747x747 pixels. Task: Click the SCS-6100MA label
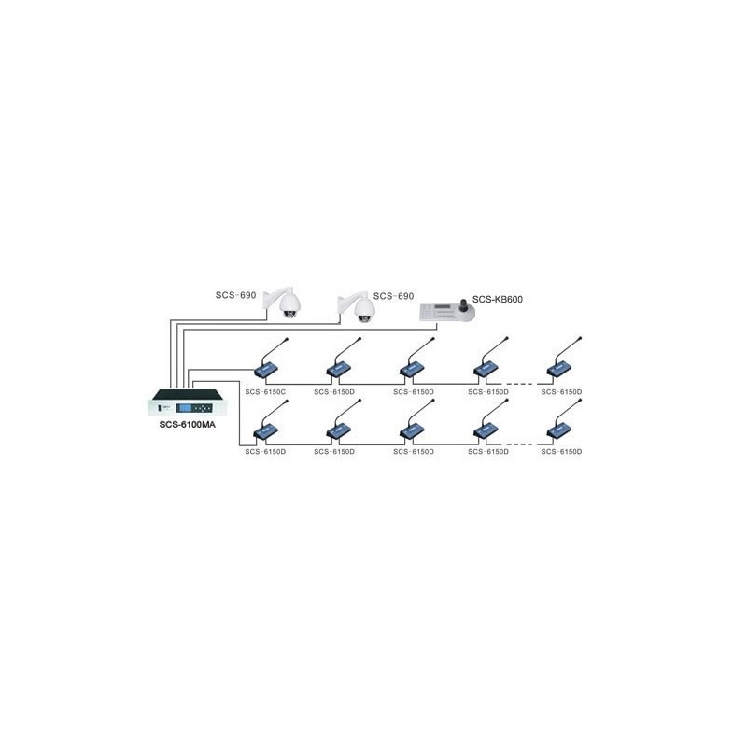tap(188, 425)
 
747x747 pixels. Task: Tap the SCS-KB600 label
tap(498, 299)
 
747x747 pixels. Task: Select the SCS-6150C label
tap(265, 391)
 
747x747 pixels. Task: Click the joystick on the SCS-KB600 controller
tap(464, 305)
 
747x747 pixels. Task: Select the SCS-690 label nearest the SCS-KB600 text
tap(393, 296)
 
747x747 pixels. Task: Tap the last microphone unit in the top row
tap(564, 359)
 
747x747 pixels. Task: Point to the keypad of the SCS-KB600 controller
tap(438, 312)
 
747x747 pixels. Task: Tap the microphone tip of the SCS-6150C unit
tap(287, 339)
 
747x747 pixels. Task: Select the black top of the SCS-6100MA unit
tap(188, 394)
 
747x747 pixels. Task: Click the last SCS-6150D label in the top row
tap(562, 391)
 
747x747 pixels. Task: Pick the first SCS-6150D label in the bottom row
tap(265, 451)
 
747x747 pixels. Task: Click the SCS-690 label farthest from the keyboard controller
tap(236, 295)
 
